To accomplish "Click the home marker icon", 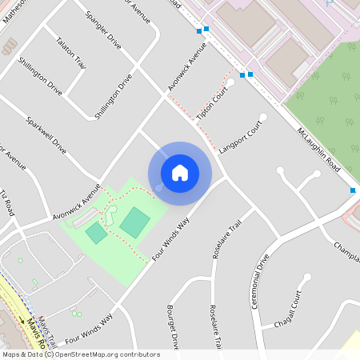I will tap(180, 173).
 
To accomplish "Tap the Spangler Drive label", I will tap(103, 30).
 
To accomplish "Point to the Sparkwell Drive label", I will tap(46, 136).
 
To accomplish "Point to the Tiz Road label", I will tap(8, 204).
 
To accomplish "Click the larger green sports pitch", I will tap(134, 222).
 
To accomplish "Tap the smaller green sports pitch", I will tap(96, 233).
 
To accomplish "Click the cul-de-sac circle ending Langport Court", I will tap(262, 118).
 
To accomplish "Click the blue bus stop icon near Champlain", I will tap(352, 190).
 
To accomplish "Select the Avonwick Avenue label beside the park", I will tap(77, 203).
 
